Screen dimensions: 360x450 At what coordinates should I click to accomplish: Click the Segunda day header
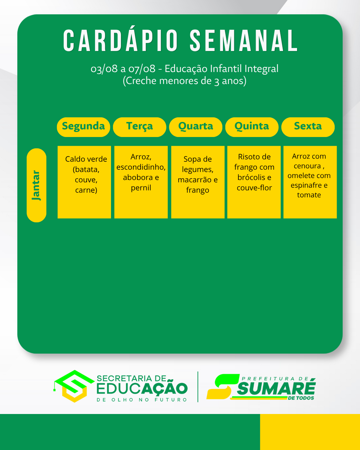point(83,127)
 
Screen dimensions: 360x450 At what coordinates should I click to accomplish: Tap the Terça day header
point(140,127)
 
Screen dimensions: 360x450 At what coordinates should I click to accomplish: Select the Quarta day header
point(196,127)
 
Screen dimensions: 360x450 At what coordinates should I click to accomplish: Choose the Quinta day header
point(252,127)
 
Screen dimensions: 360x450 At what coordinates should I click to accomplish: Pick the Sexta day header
point(308,127)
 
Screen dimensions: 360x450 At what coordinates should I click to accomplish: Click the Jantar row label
point(36,185)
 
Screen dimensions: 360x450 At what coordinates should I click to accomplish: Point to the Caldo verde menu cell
point(84,182)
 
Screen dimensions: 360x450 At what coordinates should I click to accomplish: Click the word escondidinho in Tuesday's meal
point(141,167)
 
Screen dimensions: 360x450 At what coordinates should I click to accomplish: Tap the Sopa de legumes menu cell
point(198,182)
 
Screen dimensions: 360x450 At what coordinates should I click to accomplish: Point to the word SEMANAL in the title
point(244,40)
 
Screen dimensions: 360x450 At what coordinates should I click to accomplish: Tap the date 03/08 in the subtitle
point(104,69)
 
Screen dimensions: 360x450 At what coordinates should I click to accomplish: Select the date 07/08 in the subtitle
point(142,69)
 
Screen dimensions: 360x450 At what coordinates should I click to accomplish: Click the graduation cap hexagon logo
point(74,386)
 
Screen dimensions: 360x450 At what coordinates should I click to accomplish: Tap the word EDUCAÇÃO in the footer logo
point(142,389)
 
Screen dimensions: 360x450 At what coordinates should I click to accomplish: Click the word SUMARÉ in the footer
point(276,388)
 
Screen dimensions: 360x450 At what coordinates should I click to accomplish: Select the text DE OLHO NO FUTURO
point(142,400)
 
